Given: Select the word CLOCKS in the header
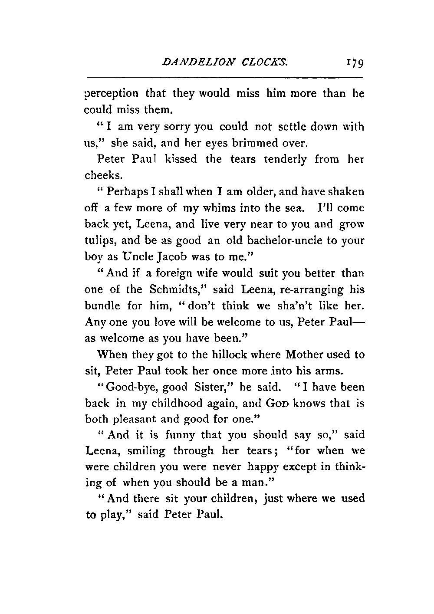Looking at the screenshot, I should [x=263, y=62].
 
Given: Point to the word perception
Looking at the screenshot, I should [x=112, y=94].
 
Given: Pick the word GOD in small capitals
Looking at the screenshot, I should [x=276, y=404].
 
